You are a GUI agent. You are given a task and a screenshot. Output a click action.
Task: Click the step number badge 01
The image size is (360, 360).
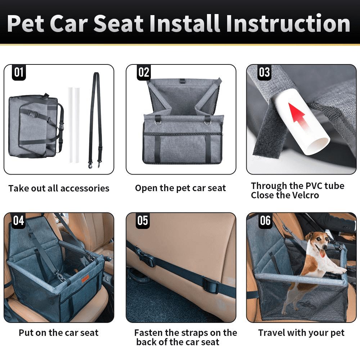[19, 72]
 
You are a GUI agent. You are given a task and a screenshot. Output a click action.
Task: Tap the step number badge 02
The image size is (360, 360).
[144, 72]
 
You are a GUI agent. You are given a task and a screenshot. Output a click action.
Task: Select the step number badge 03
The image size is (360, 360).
[264, 72]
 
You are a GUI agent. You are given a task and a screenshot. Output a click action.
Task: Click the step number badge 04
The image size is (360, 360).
[19, 220]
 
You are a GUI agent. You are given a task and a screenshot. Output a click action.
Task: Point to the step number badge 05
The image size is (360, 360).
[143, 220]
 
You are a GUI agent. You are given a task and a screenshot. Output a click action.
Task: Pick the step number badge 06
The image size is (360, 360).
[265, 220]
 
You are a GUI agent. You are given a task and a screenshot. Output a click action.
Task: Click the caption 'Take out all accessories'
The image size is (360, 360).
[59, 188]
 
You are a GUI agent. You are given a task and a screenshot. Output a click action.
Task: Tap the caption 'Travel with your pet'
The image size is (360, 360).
[301, 333]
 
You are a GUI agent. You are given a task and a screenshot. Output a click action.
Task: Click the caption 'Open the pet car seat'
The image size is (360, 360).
[180, 188]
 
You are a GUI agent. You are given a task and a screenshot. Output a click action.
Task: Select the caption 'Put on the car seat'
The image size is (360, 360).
[58, 333]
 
